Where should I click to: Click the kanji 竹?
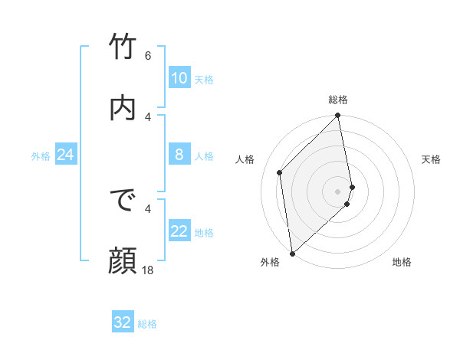tap(123, 47)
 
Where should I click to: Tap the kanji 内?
tap(123, 107)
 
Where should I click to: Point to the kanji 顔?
tap(123, 260)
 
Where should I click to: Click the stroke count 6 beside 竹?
tap(148, 56)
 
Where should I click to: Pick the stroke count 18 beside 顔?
tap(148, 270)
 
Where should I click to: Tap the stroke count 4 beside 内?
tap(148, 116)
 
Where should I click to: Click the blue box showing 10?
tap(179, 78)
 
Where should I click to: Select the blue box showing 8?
tap(179, 155)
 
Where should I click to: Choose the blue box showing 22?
tap(179, 231)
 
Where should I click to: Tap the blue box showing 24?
tap(65, 155)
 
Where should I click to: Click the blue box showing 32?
tap(122, 322)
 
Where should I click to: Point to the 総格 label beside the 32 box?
tap(147, 324)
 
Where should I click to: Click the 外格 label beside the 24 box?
tap(41, 156)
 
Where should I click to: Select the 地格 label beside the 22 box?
tap(204, 233)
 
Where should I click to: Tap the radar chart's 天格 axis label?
tap(431, 159)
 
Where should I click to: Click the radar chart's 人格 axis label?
tap(245, 159)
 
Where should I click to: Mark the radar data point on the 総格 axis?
tap(338, 116)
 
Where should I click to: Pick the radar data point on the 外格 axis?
tap(292, 253)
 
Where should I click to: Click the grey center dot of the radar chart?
tap(338, 190)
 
